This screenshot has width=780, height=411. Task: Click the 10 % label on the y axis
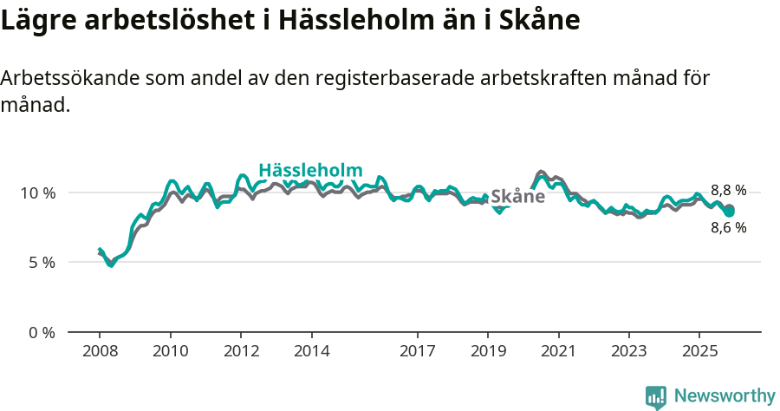[x=37, y=192]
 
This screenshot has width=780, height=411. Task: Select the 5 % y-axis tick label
[x=41, y=262]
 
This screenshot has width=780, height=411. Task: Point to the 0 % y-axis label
[x=41, y=332]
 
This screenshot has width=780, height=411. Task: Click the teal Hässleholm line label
[x=310, y=170]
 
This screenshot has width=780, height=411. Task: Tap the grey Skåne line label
[x=517, y=197]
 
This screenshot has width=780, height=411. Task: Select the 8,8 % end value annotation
[x=728, y=191]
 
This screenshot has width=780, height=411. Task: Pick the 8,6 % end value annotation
[x=728, y=228]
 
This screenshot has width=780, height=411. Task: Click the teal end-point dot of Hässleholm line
[x=730, y=212]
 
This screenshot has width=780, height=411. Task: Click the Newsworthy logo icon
[x=656, y=397]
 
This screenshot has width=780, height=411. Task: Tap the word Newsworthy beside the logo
[x=725, y=396]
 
